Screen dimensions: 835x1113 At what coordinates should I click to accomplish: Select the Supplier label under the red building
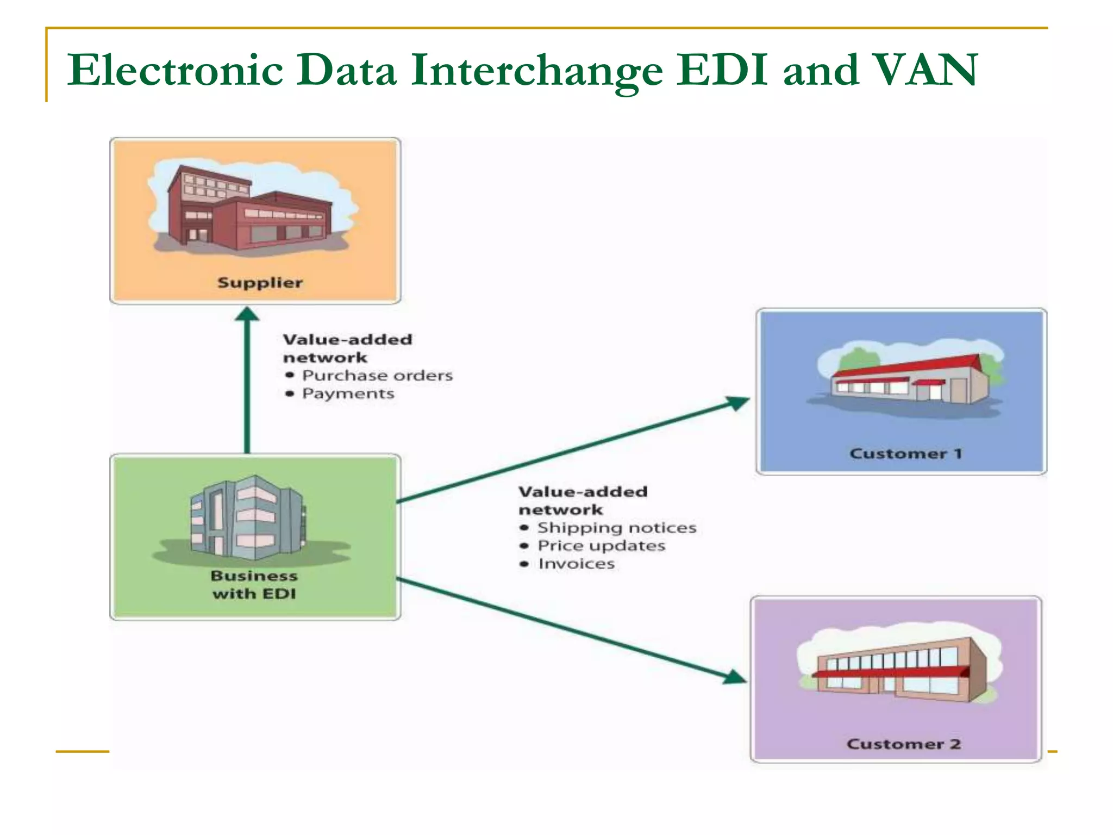(x=260, y=283)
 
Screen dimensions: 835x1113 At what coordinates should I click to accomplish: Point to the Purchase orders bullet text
(x=377, y=376)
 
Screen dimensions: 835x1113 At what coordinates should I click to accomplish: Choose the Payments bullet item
(x=348, y=394)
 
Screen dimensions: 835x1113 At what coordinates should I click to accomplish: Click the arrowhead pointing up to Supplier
(x=247, y=315)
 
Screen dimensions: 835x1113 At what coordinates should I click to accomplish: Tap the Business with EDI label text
(x=254, y=584)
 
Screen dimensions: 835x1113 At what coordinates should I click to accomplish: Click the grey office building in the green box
(x=247, y=519)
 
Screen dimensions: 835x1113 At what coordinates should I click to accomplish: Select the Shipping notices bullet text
(x=616, y=528)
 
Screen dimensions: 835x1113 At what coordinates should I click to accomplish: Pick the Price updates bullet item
(x=601, y=546)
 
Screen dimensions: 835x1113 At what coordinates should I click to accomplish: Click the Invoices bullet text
(x=576, y=564)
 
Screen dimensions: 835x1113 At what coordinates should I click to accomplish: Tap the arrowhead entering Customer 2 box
(x=734, y=677)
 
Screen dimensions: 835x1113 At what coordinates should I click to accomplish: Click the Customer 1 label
(x=905, y=453)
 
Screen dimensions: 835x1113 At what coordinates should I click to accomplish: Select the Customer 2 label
(x=903, y=744)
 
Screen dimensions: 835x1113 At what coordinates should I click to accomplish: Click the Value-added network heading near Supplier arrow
(x=347, y=348)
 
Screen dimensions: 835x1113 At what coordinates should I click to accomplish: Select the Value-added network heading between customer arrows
(x=583, y=501)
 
